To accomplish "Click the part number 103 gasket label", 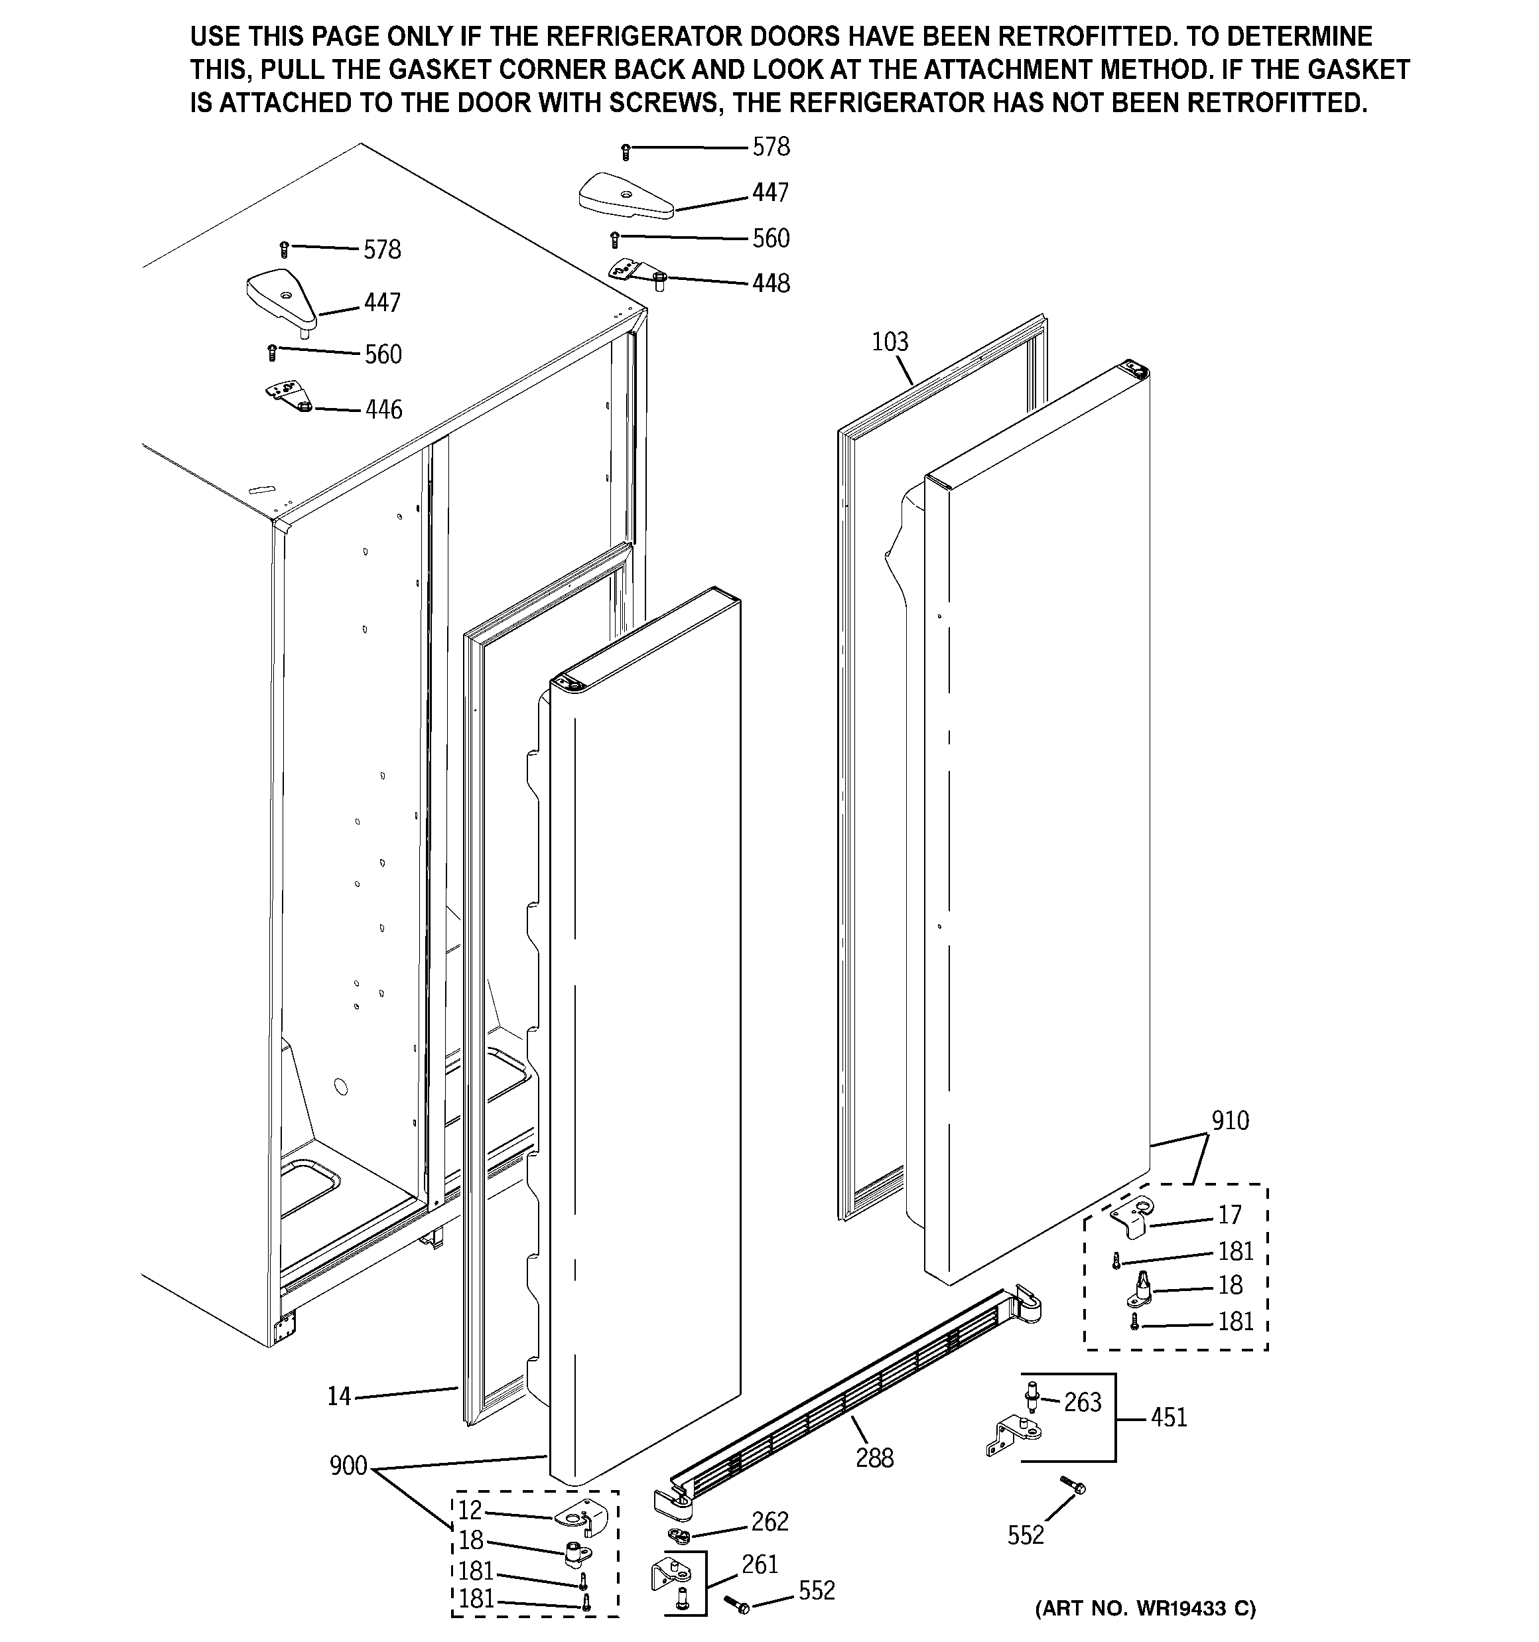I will coord(890,342).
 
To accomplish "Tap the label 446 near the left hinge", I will coord(383,410).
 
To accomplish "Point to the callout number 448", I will coord(770,283).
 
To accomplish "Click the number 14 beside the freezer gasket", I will coord(339,1397).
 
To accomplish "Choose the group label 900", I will coord(348,1466).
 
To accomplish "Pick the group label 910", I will coord(1230,1121).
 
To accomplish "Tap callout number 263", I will coord(1082,1403).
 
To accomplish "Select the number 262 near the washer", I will coord(769,1521).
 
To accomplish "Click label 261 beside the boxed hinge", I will coord(759,1564).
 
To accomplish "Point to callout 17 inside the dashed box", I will coord(1229,1215).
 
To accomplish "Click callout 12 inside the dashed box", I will coord(469,1511).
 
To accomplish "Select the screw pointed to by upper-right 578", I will coord(626,151).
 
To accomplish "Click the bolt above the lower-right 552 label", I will coord(1071,1487).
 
